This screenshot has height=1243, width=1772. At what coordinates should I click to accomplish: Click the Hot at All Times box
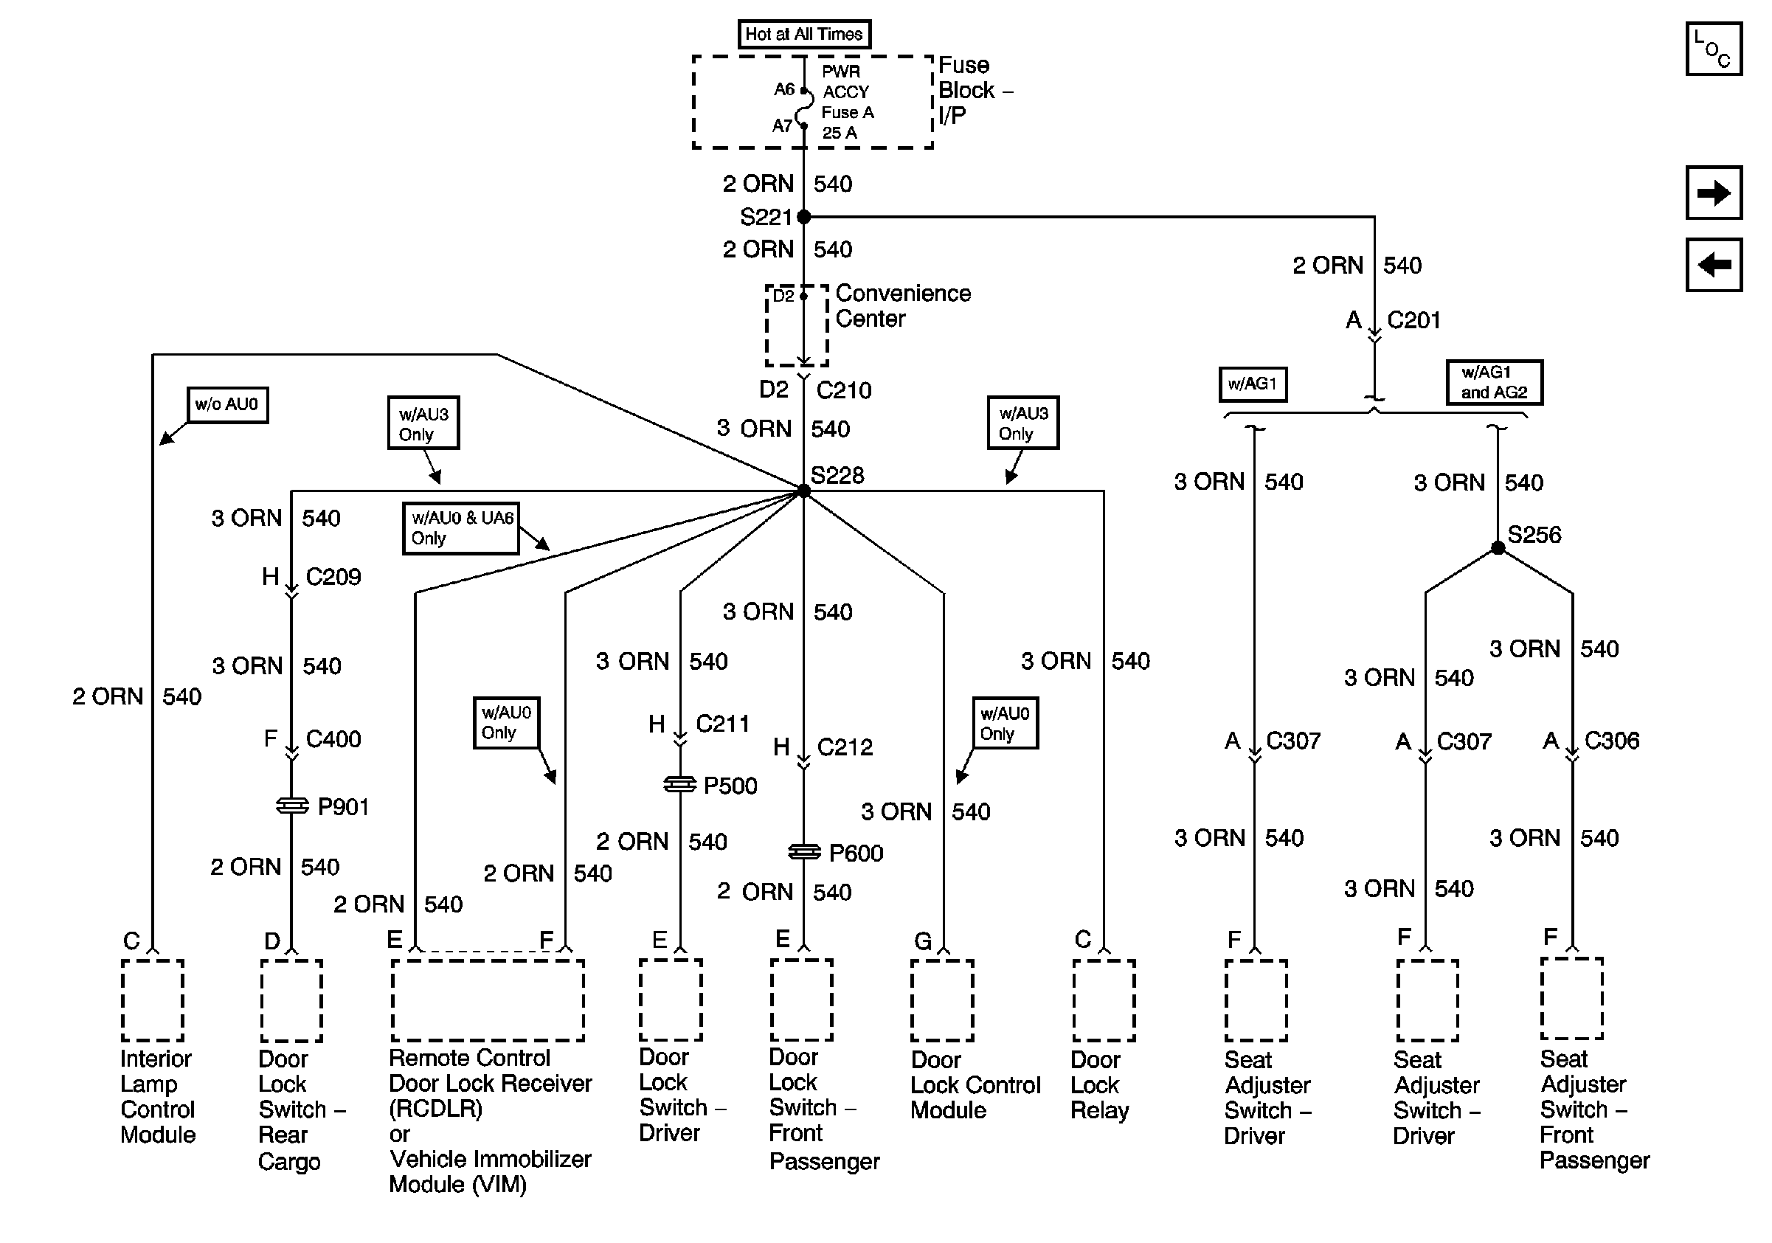click(x=803, y=35)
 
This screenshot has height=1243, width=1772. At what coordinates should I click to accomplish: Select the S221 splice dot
click(x=803, y=217)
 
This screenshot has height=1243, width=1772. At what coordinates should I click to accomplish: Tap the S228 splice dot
click(x=803, y=491)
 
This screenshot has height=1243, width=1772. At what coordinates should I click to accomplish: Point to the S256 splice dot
click(x=1498, y=548)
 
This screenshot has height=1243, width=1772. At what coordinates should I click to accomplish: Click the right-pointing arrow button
click(x=1713, y=193)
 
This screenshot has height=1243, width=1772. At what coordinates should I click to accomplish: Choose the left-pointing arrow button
click(x=1713, y=266)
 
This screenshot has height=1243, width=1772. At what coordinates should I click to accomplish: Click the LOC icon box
click(x=1713, y=49)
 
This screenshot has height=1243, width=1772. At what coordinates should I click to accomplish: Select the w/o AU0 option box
click(x=227, y=405)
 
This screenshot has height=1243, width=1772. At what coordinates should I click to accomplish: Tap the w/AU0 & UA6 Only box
click(x=461, y=528)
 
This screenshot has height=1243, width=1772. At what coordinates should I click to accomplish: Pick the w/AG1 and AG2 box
click(x=1493, y=383)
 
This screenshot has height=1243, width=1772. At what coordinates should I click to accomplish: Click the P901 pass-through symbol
click(x=291, y=806)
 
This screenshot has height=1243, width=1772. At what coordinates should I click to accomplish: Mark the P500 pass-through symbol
click(x=680, y=785)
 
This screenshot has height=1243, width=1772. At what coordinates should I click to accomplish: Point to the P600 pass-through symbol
click(x=803, y=852)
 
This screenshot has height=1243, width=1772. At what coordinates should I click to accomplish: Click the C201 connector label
click(x=1413, y=320)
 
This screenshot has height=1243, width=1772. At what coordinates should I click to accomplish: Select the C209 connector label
click(x=333, y=577)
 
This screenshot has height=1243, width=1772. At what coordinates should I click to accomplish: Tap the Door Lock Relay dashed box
click(x=1104, y=1001)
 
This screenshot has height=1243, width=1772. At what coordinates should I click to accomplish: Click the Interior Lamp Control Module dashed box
click(x=153, y=1001)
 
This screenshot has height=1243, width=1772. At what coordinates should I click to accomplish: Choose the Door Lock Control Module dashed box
click(x=942, y=1001)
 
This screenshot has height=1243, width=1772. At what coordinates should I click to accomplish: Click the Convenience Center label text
click(x=902, y=306)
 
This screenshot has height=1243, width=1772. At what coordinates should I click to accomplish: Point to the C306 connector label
click(x=1611, y=741)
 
